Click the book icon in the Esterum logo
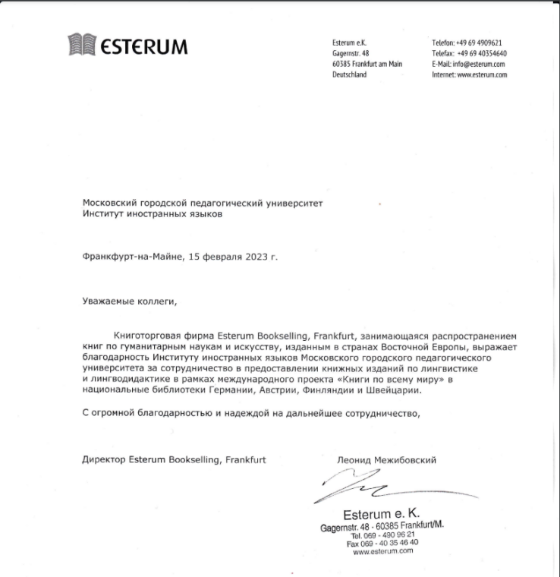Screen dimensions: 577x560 pyautogui.click(x=83, y=46)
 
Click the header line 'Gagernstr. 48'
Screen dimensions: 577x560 pyautogui.click(x=351, y=53)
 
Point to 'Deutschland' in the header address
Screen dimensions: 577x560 pyautogui.click(x=349, y=74)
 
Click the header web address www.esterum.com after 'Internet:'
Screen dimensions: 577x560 pyautogui.click(x=482, y=74)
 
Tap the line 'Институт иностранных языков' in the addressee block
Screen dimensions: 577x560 pyautogui.click(x=153, y=214)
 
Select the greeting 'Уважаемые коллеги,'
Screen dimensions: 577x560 pyautogui.click(x=129, y=301)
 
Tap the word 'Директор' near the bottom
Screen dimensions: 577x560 pyautogui.click(x=104, y=459)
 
